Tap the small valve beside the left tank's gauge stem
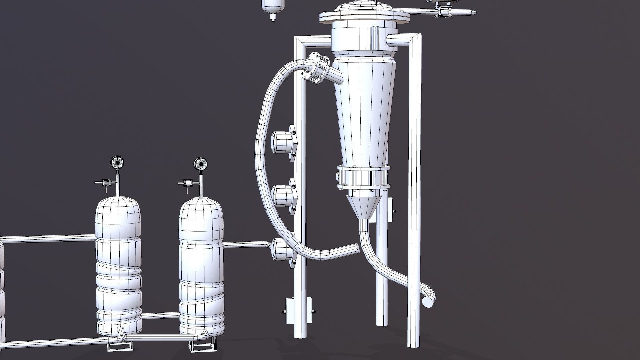[106, 183]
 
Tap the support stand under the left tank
[119, 347]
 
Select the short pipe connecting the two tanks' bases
[161, 315]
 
